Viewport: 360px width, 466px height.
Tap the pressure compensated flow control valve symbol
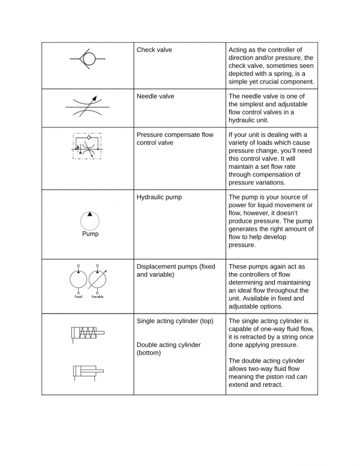coord(88,147)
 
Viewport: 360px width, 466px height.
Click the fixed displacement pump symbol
coord(78,279)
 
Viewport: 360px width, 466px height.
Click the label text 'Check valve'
coord(154,50)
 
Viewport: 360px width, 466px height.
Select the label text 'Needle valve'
coord(155,96)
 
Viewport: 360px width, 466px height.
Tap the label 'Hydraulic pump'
coord(159,197)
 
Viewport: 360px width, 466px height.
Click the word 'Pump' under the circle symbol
coord(90,234)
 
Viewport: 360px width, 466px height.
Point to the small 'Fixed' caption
coord(78,297)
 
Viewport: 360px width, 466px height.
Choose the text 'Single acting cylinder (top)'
coord(175,321)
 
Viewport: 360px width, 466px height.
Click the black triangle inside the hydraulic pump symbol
coord(90,214)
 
